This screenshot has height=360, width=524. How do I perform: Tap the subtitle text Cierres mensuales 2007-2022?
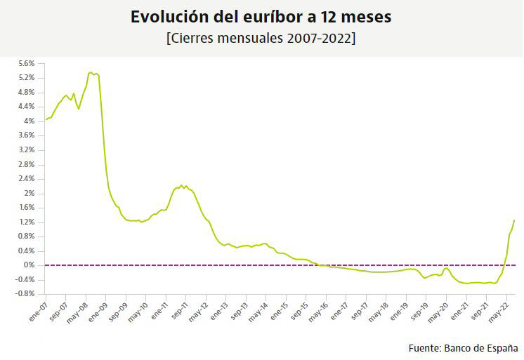(x=261, y=38)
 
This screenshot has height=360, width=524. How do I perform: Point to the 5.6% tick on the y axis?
(x=26, y=63)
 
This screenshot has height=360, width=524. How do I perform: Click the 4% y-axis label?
(x=29, y=121)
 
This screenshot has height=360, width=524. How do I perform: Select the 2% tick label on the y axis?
(x=29, y=193)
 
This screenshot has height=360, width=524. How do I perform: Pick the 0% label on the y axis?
(x=29, y=265)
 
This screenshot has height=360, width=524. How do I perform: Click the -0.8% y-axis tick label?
(x=25, y=294)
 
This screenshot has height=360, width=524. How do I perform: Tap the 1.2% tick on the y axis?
(x=26, y=222)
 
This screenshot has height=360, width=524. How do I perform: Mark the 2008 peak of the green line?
(x=91, y=72)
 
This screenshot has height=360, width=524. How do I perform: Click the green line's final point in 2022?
(x=514, y=220)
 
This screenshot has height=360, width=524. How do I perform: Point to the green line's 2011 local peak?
(x=181, y=185)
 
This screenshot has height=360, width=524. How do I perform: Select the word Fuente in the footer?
(x=424, y=348)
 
